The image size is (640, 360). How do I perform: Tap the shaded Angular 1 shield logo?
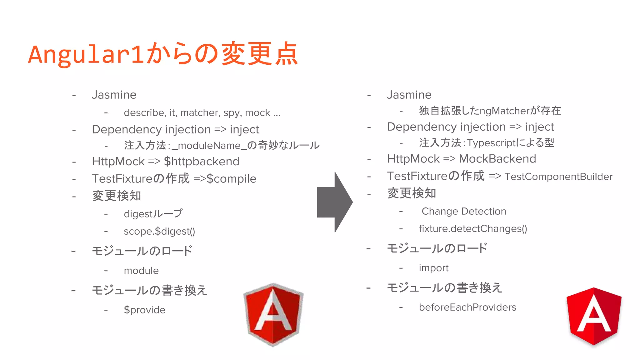(273, 314)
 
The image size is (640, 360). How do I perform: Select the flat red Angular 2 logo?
(594, 316)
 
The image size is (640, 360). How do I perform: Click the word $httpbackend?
(202, 162)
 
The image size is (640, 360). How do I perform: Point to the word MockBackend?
(497, 159)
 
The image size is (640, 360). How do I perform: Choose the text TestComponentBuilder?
(558, 177)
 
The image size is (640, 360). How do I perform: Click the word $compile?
(231, 179)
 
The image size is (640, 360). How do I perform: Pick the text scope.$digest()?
(159, 231)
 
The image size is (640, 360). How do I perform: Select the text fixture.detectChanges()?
(473, 229)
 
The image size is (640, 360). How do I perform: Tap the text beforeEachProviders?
(467, 307)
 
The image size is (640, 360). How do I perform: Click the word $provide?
(145, 310)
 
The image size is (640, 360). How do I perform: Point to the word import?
(433, 268)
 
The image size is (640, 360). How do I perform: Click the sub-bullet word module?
(141, 271)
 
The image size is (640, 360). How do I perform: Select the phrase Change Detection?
(464, 212)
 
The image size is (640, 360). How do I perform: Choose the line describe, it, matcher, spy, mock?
(202, 113)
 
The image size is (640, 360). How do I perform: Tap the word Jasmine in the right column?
(409, 95)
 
